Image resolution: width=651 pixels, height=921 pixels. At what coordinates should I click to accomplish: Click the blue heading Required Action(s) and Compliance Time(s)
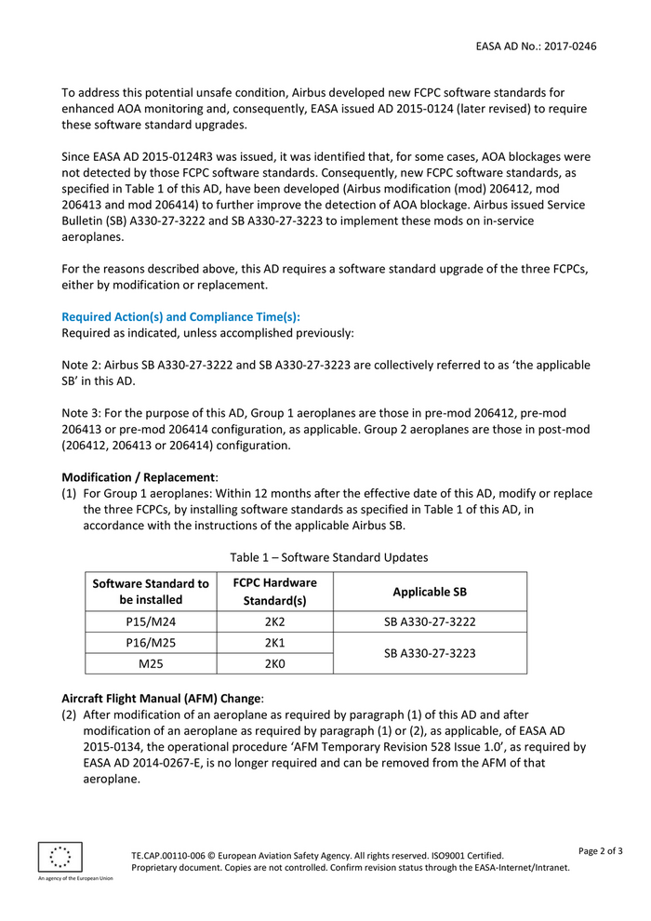[180, 316]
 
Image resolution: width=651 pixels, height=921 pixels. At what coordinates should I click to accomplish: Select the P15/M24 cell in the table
[150, 621]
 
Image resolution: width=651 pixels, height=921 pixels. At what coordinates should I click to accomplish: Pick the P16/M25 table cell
[150, 643]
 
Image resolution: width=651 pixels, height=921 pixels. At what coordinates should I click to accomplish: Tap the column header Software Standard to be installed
[150, 592]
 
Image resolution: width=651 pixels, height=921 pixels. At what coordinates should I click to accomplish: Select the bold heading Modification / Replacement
[139, 477]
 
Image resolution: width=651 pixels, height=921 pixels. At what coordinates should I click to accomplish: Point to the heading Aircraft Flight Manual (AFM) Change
[162, 697]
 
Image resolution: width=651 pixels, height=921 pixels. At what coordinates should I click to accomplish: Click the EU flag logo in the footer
[60, 858]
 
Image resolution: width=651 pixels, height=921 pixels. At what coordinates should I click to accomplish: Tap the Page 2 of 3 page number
[600, 850]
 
